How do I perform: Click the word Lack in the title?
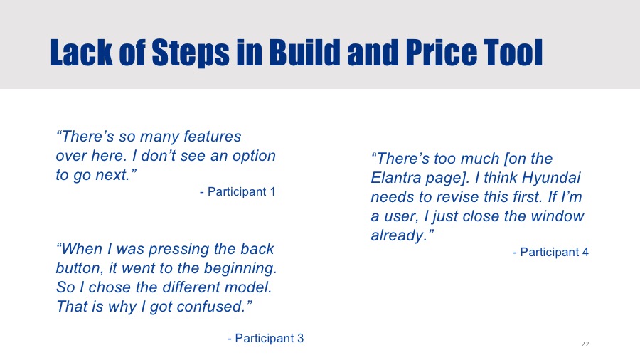pyautogui.click(x=81, y=52)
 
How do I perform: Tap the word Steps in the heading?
pyautogui.click(x=190, y=53)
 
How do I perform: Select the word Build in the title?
pyautogui.click(x=304, y=52)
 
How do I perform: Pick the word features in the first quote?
pyautogui.click(x=212, y=137)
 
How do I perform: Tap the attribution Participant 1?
pyautogui.click(x=242, y=191)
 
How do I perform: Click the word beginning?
pyautogui.click(x=240, y=269)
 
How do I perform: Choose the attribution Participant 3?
pyautogui.click(x=270, y=338)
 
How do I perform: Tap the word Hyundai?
pyautogui.click(x=551, y=179)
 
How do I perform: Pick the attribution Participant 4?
pyautogui.click(x=554, y=253)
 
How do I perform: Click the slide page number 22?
pyautogui.click(x=585, y=344)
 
